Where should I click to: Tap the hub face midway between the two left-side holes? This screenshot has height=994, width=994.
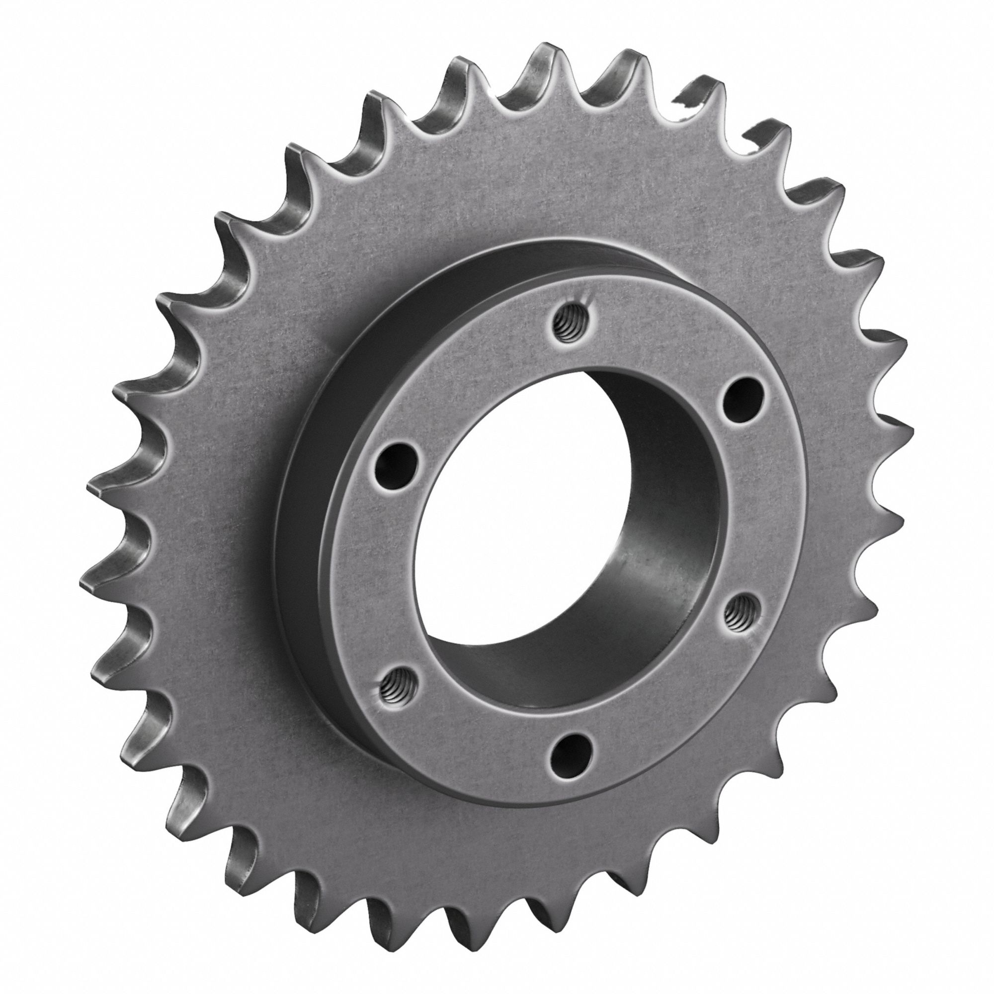[x=383, y=576]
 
